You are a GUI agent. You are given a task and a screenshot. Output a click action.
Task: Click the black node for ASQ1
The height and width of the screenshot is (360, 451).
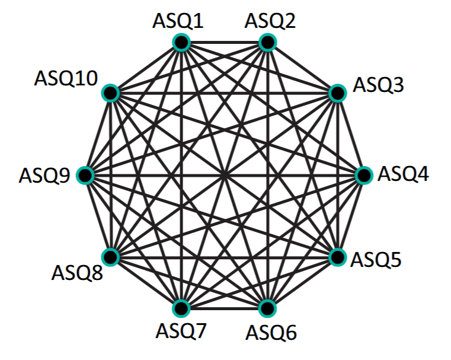tap(181, 43)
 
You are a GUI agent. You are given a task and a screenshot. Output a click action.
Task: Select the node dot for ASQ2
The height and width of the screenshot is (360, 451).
tap(267, 43)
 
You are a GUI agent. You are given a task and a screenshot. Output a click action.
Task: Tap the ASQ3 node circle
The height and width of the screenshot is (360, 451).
tap(337, 93)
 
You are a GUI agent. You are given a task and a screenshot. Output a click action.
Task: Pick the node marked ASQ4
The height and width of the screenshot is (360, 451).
tap(363, 176)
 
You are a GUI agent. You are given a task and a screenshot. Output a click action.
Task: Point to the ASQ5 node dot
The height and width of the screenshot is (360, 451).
tap(337, 257)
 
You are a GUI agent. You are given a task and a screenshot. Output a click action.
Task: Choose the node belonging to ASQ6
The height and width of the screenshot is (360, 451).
tap(267, 308)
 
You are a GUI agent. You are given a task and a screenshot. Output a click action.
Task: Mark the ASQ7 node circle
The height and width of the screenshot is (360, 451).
tap(181, 308)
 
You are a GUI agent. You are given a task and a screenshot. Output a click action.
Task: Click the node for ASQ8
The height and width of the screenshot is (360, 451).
tap(111, 257)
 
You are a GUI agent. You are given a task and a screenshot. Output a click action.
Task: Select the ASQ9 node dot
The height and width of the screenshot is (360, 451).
tap(85, 176)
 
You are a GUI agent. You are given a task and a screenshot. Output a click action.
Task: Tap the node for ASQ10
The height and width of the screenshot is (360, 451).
tap(111, 93)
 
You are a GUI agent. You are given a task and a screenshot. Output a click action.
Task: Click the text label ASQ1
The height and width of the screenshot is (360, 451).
tap(178, 22)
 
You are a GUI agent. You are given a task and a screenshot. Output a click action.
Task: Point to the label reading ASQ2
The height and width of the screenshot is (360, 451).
tap(270, 22)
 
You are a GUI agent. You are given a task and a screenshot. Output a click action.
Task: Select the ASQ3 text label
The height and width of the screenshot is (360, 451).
tap(379, 85)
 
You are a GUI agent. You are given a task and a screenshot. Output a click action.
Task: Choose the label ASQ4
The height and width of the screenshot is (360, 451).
tap(404, 174)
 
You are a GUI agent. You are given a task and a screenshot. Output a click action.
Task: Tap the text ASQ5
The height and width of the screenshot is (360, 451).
tap(376, 260)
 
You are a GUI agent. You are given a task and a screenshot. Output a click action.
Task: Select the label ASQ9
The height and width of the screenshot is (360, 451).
tap(44, 176)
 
